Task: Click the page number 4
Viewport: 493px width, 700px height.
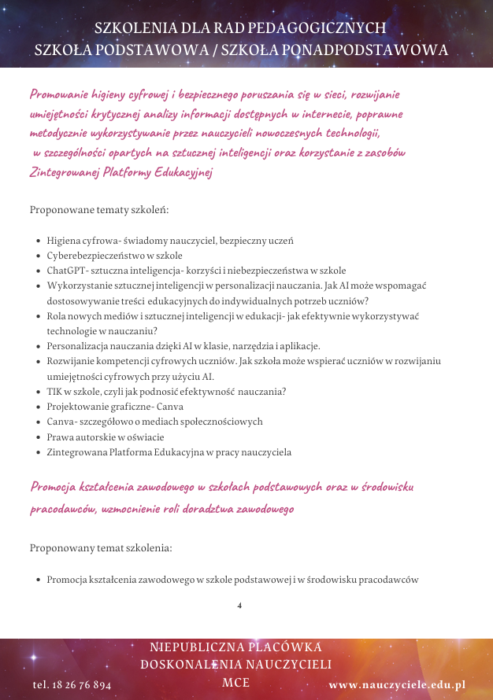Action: click(x=239, y=606)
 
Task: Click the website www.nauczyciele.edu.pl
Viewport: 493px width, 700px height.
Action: click(x=397, y=685)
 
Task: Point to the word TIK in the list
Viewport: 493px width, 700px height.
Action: click(x=54, y=391)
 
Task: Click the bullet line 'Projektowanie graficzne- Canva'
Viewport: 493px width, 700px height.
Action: click(x=115, y=407)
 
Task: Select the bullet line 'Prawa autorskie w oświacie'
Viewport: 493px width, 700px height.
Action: click(x=106, y=437)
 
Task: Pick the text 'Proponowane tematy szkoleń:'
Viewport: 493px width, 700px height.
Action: click(x=99, y=211)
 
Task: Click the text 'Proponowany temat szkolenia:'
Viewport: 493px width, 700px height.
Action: click(x=101, y=547)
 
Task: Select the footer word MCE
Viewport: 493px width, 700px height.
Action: click(x=236, y=682)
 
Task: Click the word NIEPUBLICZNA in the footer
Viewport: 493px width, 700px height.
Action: click(x=186, y=647)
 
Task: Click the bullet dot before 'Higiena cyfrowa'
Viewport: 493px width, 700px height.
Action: click(x=39, y=241)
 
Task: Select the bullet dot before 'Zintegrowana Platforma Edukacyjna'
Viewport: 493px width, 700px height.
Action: click(x=39, y=453)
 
